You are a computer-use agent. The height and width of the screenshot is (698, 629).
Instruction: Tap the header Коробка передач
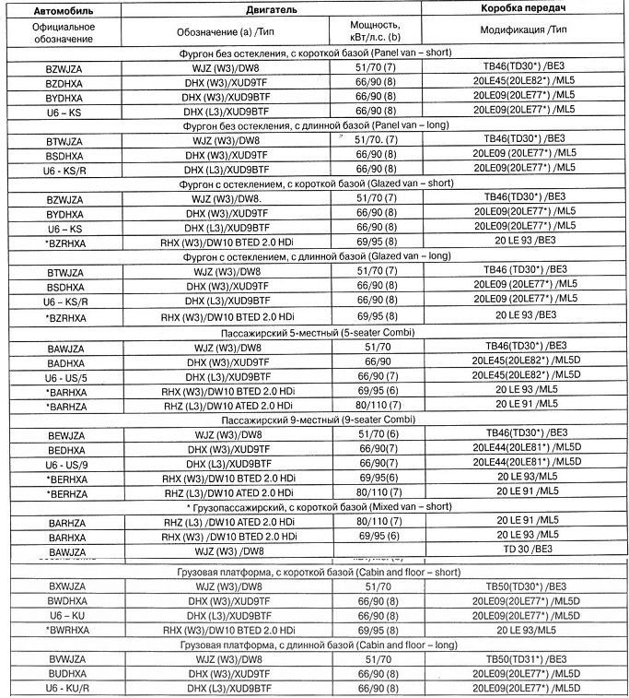[522, 8]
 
